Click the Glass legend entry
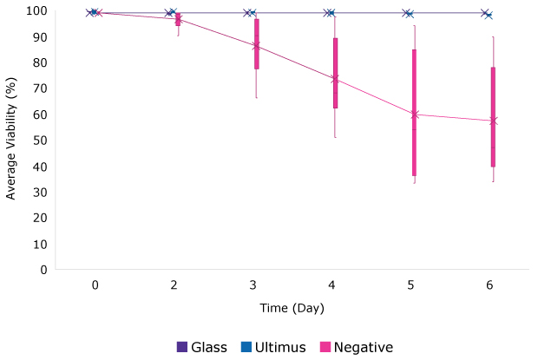tap(201, 347)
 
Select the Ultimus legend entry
tap(274, 347)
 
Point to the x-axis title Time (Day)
tap(292, 308)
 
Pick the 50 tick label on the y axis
tap(38, 141)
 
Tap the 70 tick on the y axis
tap(38, 88)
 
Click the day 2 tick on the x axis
tap(174, 285)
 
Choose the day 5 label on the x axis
tap(411, 285)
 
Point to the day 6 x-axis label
tap(490, 285)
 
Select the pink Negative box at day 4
tap(335, 73)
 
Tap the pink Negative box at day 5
tap(414, 113)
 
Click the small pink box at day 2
tap(178, 19)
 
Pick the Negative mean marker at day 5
tap(415, 115)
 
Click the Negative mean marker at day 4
tap(335, 79)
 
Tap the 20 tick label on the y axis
tap(38, 218)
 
